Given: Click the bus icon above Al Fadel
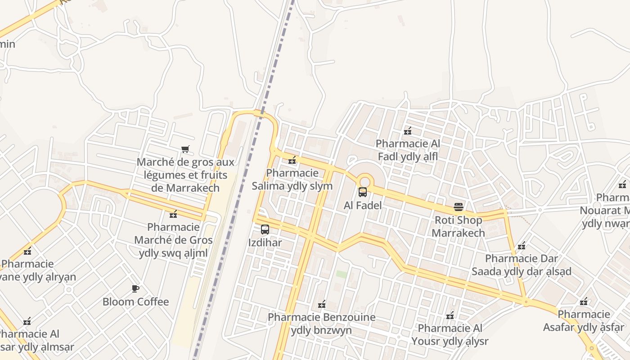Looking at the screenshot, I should pos(363,193).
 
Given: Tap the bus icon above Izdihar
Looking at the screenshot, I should pos(265,229).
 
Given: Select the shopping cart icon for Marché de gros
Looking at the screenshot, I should pos(185,149).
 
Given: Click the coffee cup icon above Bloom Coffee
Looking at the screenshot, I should pos(135,288).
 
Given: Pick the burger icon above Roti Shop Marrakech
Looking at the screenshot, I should pos(459,207).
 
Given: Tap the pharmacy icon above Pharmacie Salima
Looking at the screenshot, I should pos(292,160).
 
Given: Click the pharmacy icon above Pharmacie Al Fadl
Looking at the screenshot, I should pos(408,131).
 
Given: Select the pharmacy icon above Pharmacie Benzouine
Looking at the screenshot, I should pos(322,305).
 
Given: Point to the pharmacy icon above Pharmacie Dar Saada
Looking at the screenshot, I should pos(522,246).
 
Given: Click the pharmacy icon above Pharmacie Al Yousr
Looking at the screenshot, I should pos(450,315).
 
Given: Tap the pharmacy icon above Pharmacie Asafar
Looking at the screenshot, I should pos(584,301).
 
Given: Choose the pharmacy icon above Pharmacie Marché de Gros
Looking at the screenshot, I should pos(173,214).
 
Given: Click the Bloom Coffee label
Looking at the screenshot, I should pos(135,301).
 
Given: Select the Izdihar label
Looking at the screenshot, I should pos(265,243).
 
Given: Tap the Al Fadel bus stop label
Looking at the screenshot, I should pos(363,206).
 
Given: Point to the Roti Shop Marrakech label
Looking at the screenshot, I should pos(459,226).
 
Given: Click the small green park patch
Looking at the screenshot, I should pos(342,274).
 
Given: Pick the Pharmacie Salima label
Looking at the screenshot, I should pos(292,180).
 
